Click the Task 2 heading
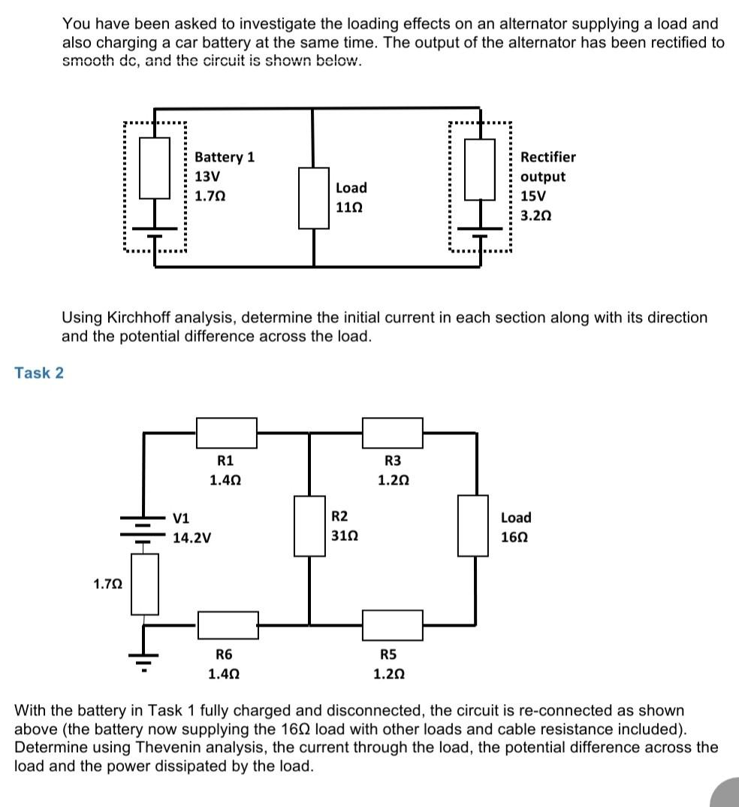39,373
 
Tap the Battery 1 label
224,157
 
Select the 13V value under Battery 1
207,177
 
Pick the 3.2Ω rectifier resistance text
535,215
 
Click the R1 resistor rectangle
226,432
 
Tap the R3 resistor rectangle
392,432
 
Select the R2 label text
339,516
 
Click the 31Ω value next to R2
343,536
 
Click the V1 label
181,518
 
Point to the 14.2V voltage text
192,538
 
